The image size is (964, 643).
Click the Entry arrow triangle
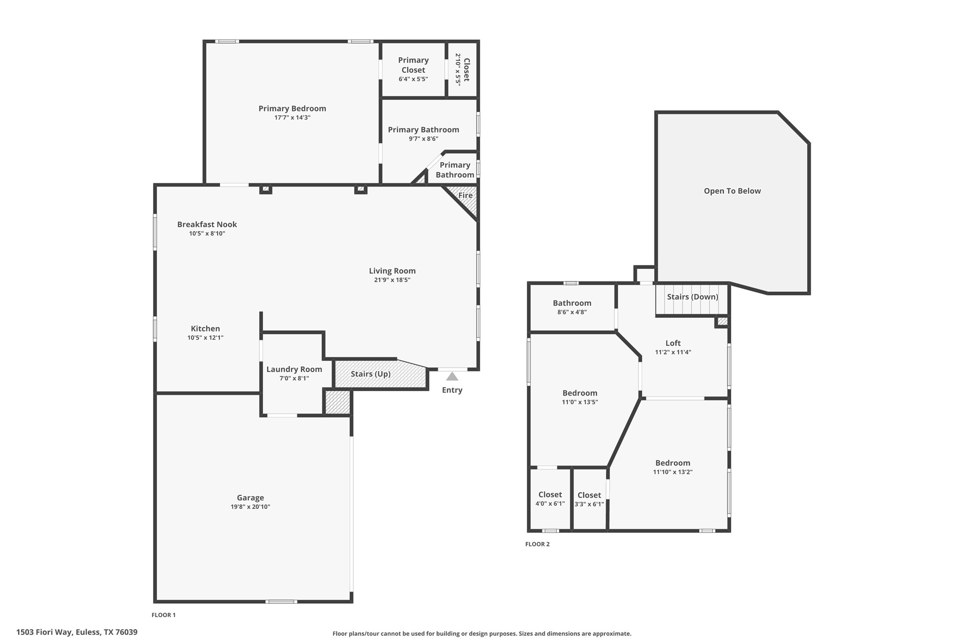(x=452, y=377)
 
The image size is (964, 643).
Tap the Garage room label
(x=250, y=498)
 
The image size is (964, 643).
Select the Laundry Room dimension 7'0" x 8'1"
(x=294, y=378)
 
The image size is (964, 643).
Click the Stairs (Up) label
(x=371, y=374)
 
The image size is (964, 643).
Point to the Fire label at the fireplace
(x=465, y=195)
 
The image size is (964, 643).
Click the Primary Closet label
(x=413, y=65)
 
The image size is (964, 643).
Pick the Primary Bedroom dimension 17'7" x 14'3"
(x=292, y=118)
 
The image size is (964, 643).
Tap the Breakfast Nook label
(x=207, y=224)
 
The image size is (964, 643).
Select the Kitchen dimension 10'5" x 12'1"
(x=205, y=337)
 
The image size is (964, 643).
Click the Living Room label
(x=392, y=270)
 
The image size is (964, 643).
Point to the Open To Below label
(x=732, y=191)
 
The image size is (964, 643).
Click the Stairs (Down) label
(x=692, y=297)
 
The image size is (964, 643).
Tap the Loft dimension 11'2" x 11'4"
(x=673, y=352)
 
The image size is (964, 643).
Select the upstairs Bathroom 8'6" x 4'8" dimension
(x=572, y=312)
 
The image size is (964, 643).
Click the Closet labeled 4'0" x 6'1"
(x=550, y=499)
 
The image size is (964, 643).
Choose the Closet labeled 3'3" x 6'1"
(x=589, y=500)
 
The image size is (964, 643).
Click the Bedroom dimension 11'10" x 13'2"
(x=673, y=472)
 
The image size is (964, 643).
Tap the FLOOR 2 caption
(x=537, y=544)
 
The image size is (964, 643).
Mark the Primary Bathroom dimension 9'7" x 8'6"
(x=423, y=139)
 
